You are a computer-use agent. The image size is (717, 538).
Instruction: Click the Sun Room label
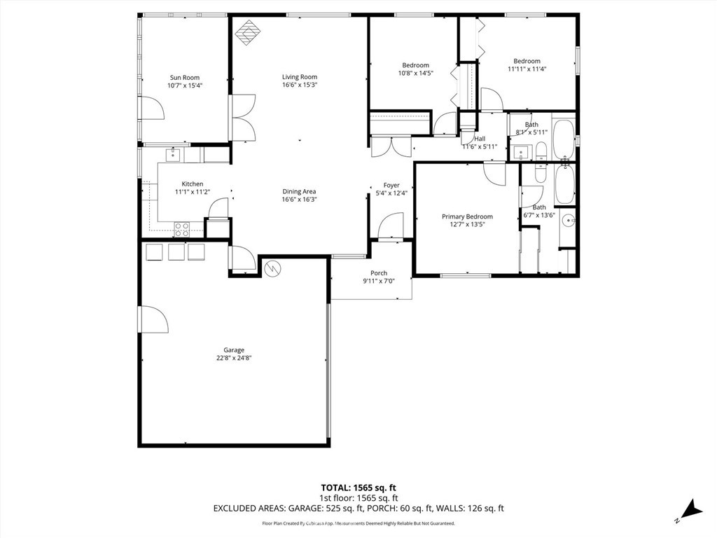tap(184, 78)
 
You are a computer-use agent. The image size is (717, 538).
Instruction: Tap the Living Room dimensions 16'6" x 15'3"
tap(300, 85)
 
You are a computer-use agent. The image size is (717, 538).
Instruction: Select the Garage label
tap(234, 350)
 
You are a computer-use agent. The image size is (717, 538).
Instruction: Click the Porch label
tap(379, 273)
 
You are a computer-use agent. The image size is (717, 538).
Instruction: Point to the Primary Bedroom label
tap(467, 216)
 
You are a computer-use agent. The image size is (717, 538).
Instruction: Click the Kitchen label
tap(193, 184)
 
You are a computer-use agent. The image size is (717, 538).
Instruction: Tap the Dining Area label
tap(300, 191)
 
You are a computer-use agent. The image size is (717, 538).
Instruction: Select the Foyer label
tap(391, 186)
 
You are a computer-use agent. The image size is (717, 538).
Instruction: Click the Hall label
tap(480, 139)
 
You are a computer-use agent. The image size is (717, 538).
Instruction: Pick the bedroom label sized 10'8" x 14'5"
tap(415, 65)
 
